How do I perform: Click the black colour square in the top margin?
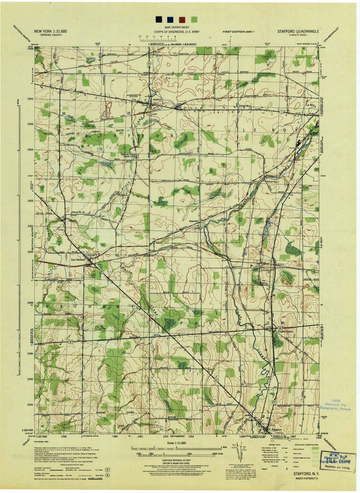pyautogui.click(x=159, y=19)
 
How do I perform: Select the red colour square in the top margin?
pyautogui.click(x=182, y=19)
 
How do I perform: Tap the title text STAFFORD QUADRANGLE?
pyautogui.click(x=298, y=31)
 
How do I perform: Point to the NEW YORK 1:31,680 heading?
pyautogui.click(x=51, y=31)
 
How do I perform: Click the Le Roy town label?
pyautogui.click(x=310, y=105)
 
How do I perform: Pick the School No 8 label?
pyautogui.click(x=245, y=106)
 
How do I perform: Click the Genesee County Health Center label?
pyautogui.click(x=129, y=155)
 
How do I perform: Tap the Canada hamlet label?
pyautogui.click(x=73, y=220)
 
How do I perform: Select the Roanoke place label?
pyautogui.click(x=194, y=221)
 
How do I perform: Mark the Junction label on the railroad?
pyautogui.click(x=265, y=270)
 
